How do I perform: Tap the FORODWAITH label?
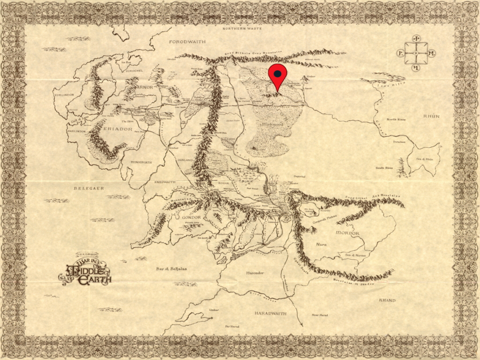point(187,42)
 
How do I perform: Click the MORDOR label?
point(347,233)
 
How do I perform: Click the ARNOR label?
point(145,87)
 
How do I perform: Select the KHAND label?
point(387,300)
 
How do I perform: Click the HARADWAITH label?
point(270,313)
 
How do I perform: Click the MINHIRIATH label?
point(141,162)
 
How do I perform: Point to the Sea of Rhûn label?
point(425,159)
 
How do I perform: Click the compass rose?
point(416,53)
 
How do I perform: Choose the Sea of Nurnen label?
point(355,255)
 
